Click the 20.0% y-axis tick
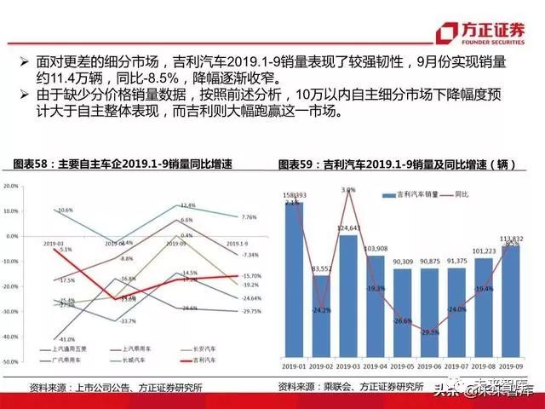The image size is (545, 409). click(x=11, y=185)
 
